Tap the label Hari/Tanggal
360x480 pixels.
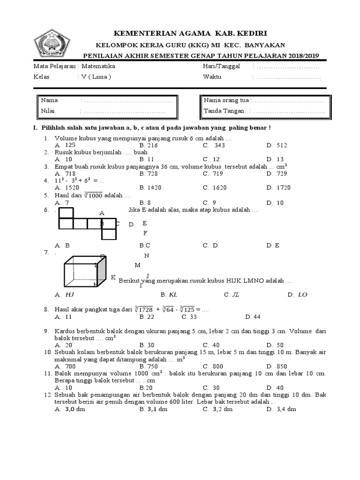pyautogui.click(x=221, y=67)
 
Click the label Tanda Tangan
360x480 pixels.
pyautogui.click(x=224, y=112)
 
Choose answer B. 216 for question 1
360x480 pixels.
pyautogui.click(x=149, y=145)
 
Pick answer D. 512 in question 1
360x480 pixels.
pyautogui.click(x=277, y=145)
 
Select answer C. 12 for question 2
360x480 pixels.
pyautogui.click(x=211, y=159)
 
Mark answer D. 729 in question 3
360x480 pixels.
pyautogui.click(x=277, y=173)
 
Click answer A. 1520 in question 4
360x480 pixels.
pyautogui.click(x=66, y=187)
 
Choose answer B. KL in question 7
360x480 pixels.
pyautogui.click(x=169, y=295)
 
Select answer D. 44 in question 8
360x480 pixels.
pyautogui.click(x=253, y=317)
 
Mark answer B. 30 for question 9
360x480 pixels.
pyautogui.click(x=148, y=345)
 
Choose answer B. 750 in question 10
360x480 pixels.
pyautogui.click(x=150, y=367)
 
